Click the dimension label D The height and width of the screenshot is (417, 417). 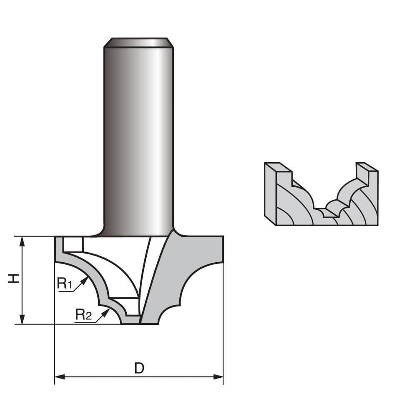click(x=139, y=368)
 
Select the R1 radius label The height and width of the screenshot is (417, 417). click(x=65, y=284)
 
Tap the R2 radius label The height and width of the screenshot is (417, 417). click(x=83, y=314)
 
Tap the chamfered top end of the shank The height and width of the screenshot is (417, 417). click(x=139, y=43)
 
